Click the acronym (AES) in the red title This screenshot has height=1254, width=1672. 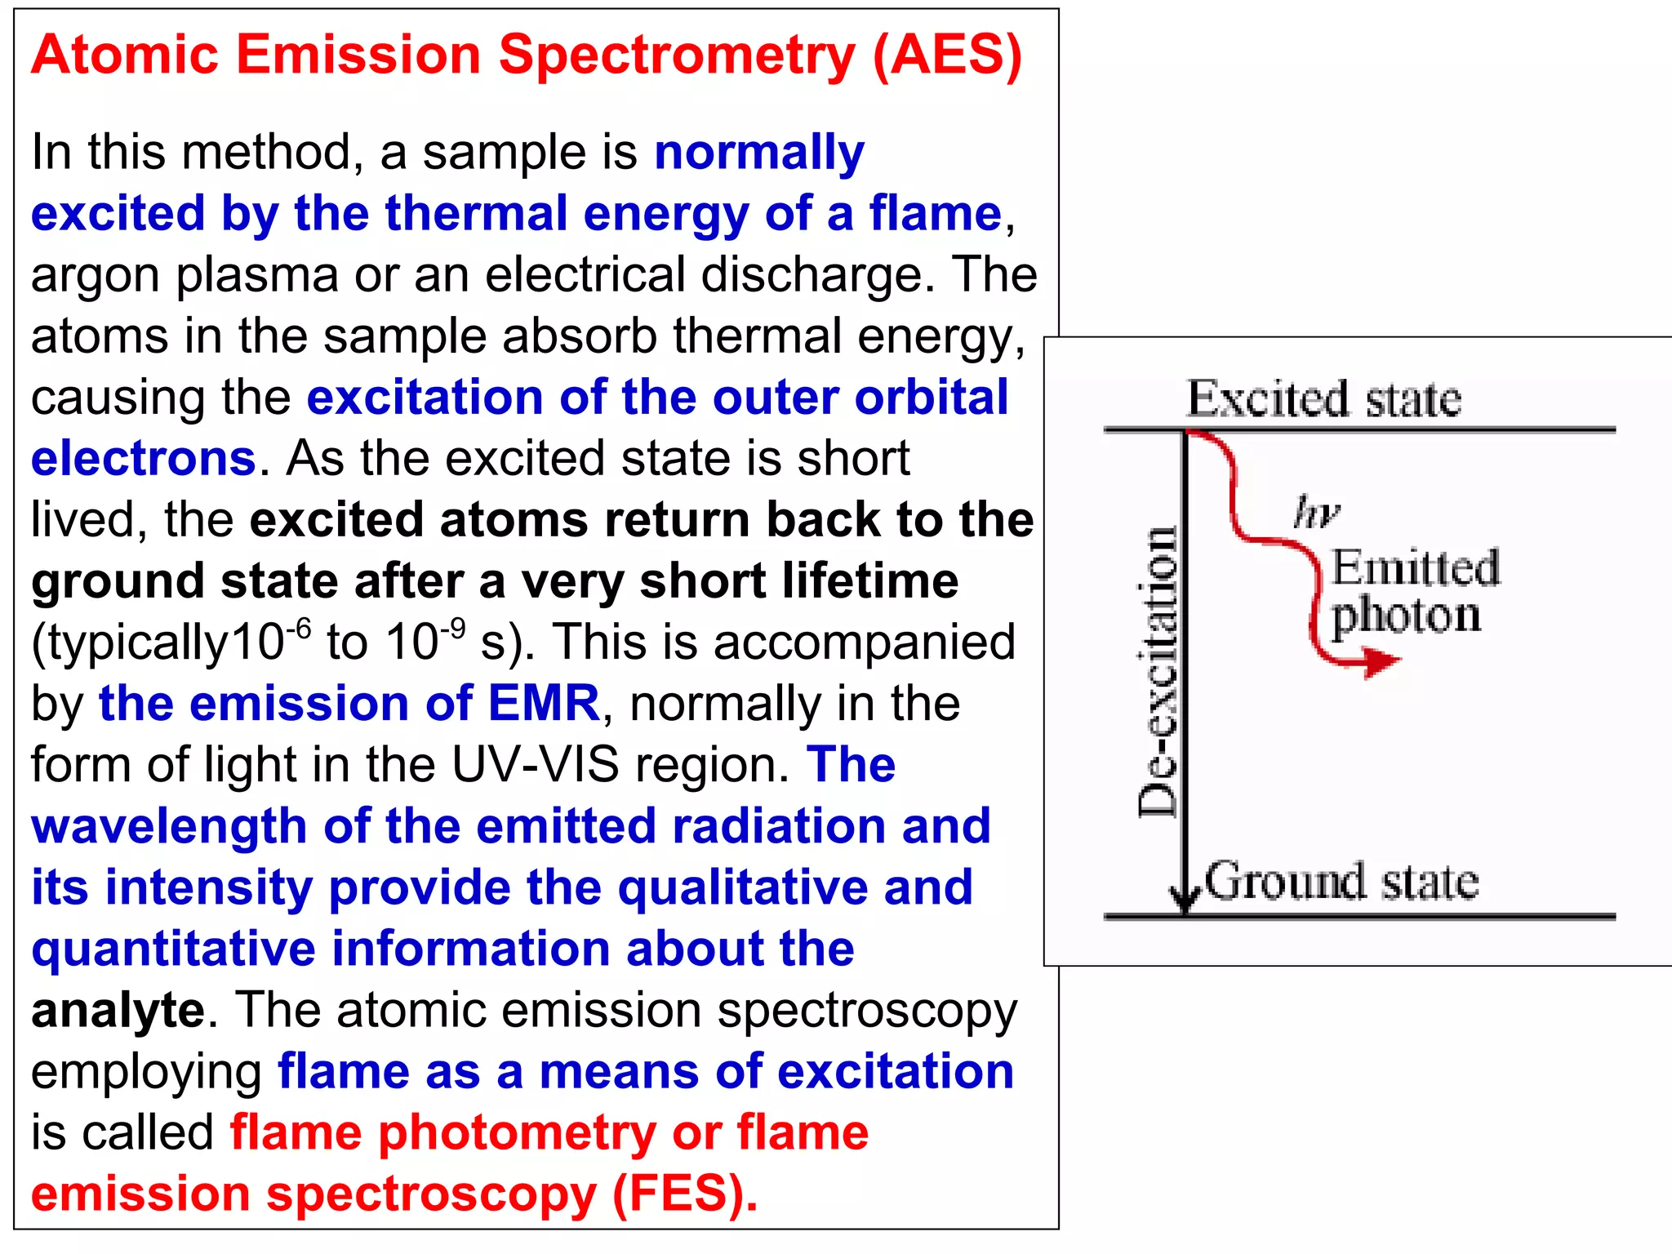(x=947, y=56)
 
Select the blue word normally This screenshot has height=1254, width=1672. (x=759, y=153)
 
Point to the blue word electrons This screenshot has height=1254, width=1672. (x=144, y=458)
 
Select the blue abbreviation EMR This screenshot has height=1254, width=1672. (x=544, y=704)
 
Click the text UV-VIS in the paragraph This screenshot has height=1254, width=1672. (x=536, y=765)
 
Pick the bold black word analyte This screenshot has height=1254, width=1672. (x=118, y=1010)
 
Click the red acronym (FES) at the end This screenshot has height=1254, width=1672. (x=685, y=1194)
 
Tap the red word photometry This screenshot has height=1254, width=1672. (x=517, y=1132)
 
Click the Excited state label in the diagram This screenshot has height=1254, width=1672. (x=1323, y=399)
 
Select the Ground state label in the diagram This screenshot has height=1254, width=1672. (x=1341, y=882)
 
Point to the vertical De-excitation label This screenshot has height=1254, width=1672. (x=1158, y=671)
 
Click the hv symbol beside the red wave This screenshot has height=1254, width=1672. (x=1316, y=513)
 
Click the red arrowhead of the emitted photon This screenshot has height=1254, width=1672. (x=1380, y=660)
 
